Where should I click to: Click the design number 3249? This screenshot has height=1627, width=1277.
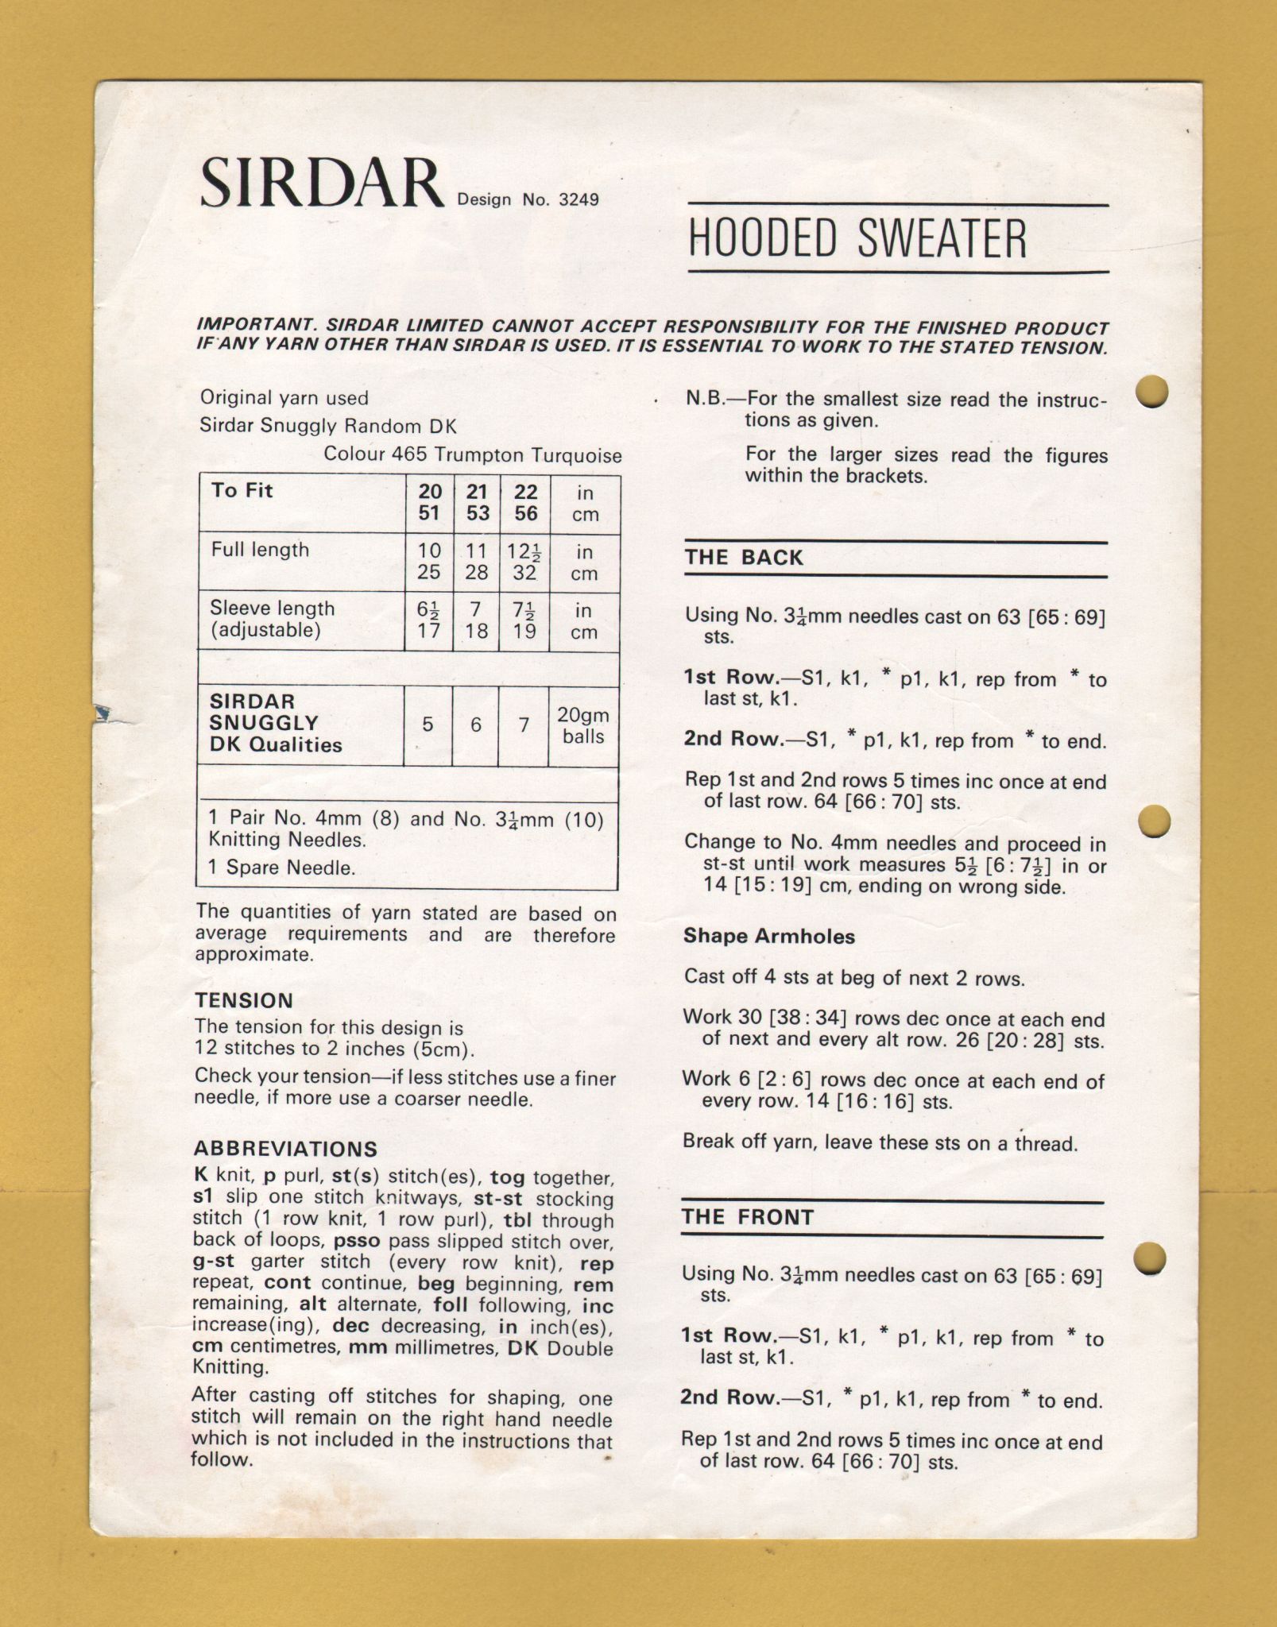click(x=578, y=199)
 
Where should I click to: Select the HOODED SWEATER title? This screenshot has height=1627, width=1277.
click(x=857, y=238)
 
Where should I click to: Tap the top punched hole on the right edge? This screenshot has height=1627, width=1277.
click(x=1151, y=391)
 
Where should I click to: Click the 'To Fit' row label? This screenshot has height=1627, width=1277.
click(x=242, y=490)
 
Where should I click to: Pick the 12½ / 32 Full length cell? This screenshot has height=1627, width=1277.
click(x=524, y=562)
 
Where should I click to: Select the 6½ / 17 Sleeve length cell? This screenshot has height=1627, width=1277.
click(x=428, y=620)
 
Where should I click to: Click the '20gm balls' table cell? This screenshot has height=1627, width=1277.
click(x=583, y=726)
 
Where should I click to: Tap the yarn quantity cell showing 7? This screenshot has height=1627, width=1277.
click(x=524, y=725)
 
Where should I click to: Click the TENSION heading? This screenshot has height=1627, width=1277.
click(x=244, y=1000)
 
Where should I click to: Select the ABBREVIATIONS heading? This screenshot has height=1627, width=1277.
click(x=285, y=1149)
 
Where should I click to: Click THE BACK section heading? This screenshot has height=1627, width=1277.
click(x=744, y=558)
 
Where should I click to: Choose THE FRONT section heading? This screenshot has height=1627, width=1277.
click(x=747, y=1218)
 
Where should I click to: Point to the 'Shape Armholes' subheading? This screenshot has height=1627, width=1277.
click(x=768, y=936)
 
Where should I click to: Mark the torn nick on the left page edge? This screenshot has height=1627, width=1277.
click(x=102, y=712)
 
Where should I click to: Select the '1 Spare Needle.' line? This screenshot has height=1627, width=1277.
click(x=281, y=868)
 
